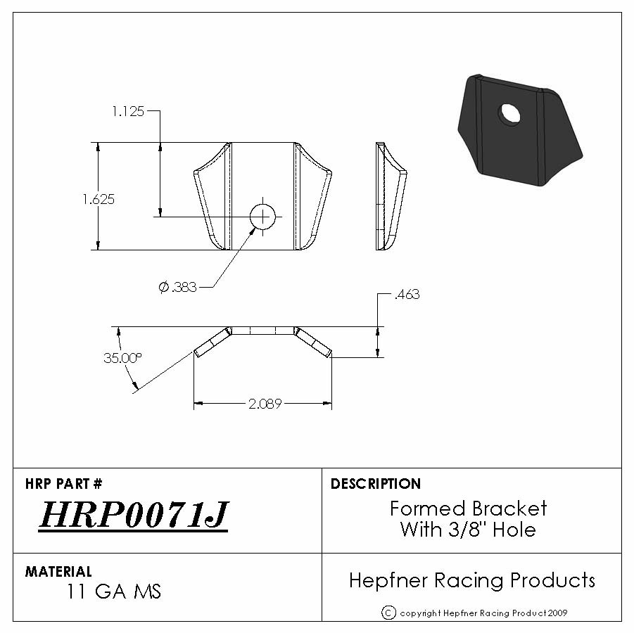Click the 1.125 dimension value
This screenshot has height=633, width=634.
click(x=128, y=111)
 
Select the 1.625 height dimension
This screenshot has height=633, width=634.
click(x=99, y=199)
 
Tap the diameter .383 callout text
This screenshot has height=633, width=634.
click(x=177, y=287)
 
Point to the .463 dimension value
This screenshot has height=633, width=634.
click(x=407, y=294)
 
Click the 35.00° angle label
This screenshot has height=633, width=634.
click(x=122, y=358)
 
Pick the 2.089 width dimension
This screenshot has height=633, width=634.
click(x=265, y=404)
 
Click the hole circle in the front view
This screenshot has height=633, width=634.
click(x=263, y=216)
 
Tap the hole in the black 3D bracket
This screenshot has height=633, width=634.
click(x=510, y=113)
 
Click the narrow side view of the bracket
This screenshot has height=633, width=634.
click(x=391, y=196)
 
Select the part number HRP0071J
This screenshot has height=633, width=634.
click(x=134, y=514)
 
